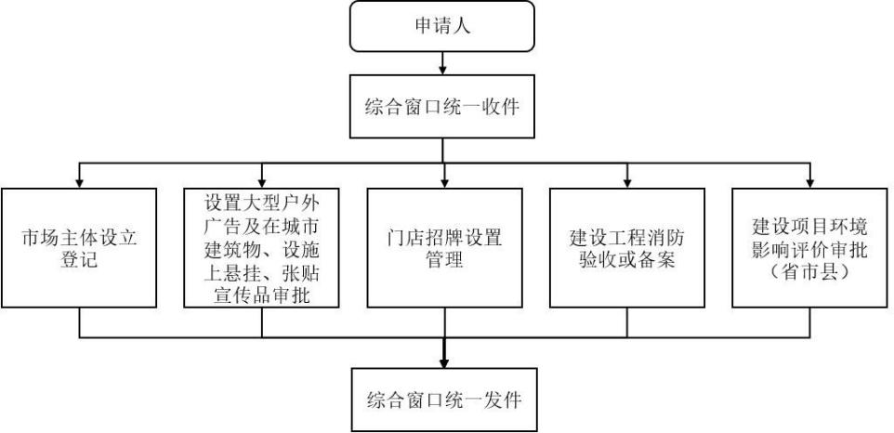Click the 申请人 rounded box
(442, 26)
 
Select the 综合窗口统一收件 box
(442, 106)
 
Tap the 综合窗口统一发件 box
(444, 399)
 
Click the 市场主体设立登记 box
(79, 248)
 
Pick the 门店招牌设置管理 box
(445, 248)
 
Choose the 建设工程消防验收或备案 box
(627, 248)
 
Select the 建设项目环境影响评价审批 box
(810, 248)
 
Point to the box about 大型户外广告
(262, 248)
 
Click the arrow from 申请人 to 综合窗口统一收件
(442, 62)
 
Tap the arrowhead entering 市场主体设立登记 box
(79, 182)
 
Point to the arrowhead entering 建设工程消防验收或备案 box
(627, 182)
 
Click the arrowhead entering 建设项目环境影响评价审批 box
(810, 182)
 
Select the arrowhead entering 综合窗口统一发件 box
(444, 361)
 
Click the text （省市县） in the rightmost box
(810, 272)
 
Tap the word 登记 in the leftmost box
(79, 259)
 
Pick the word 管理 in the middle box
(445, 259)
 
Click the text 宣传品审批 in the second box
(262, 295)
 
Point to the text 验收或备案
(627, 259)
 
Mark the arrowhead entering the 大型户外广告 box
(262, 182)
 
